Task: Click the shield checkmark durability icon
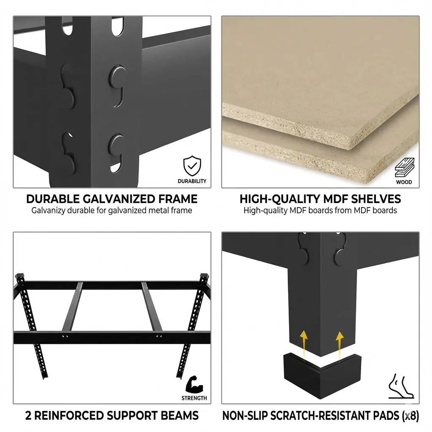point(192,166)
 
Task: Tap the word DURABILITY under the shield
point(192,181)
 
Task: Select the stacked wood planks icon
point(405,167)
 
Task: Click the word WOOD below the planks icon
point(404,182)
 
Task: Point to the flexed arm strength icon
point(194,385)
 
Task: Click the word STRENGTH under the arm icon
point(194,398)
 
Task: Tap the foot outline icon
point(401,386)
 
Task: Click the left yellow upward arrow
point(304,343)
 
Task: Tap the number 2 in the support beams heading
point(28,416)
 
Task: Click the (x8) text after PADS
point(410,416)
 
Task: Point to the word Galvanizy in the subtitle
point(48,211)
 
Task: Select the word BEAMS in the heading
point(180,416)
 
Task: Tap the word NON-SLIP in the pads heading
point(245,416)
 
